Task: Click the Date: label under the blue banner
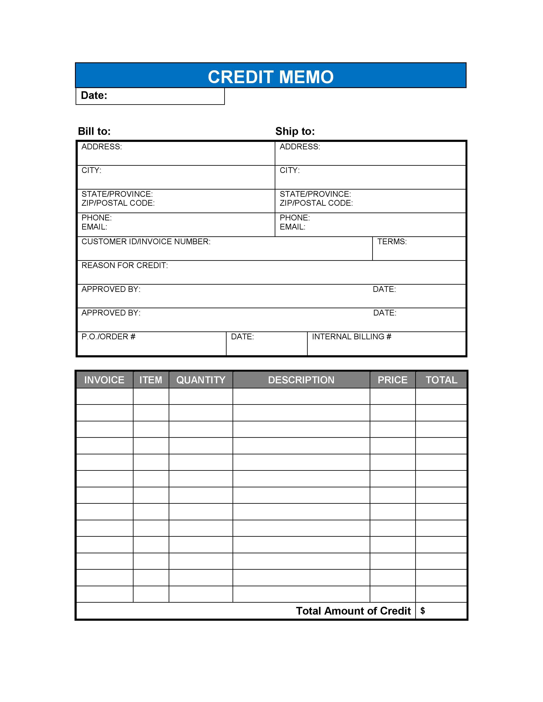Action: tap(94, 96)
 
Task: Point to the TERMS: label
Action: tap(392, 242)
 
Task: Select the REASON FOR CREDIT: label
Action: tap(125, 265)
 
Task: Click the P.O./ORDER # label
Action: tap(108, 337)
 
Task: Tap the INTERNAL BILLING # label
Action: tap(352, 337)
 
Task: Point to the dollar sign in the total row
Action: tap(423, 611)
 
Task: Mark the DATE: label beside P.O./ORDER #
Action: tap(242, 337)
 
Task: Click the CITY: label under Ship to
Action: tap(290, 170)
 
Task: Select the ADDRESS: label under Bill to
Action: tap(102, 147)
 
